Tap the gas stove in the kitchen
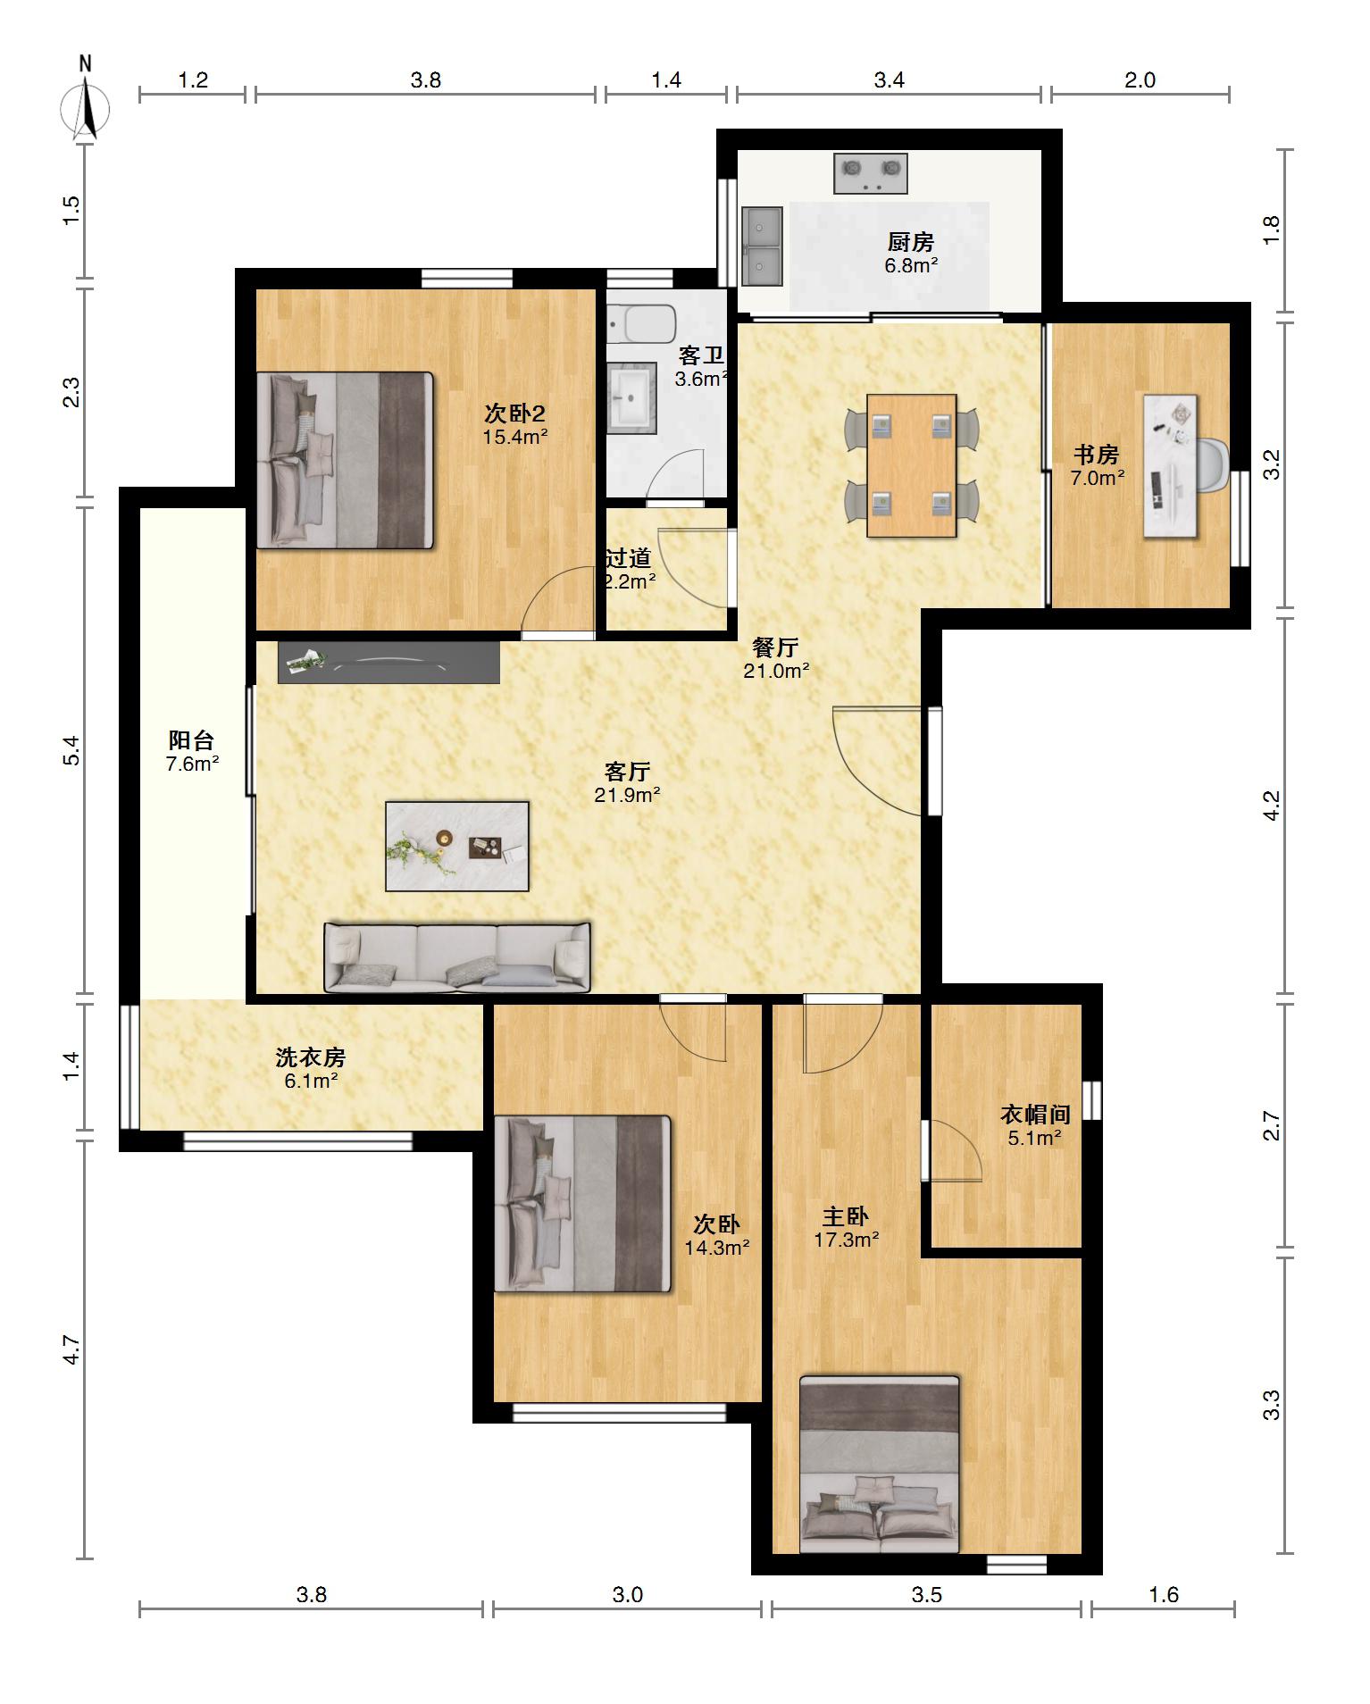870,173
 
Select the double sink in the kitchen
762,246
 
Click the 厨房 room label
910,242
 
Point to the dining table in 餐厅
911,465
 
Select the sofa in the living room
456,957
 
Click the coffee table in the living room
456,846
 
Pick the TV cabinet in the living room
388,663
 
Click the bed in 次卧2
345,460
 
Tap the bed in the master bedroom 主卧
879,1464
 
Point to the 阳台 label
192,740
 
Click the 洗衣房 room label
310,1057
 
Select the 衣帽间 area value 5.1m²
1034,1138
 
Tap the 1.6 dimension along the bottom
1163,1594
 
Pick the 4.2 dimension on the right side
1272,806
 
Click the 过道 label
628,559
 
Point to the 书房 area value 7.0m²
1098,478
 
